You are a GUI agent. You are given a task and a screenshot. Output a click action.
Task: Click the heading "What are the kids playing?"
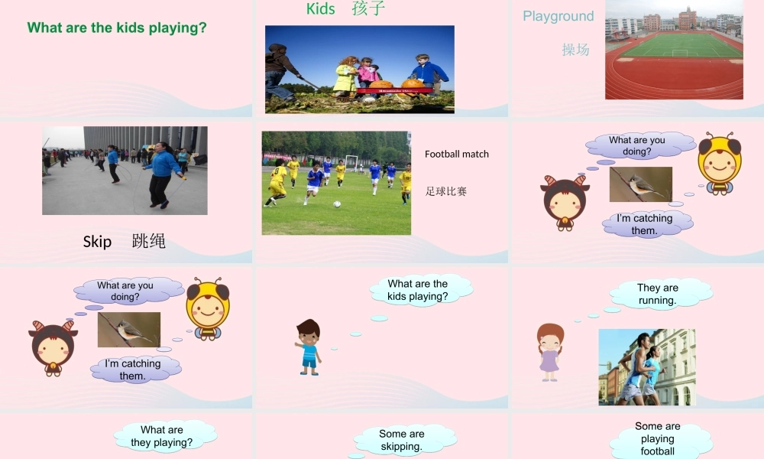pyautogui.click(x=117, y=28)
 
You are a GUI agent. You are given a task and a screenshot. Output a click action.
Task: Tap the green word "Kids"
pyautogui.click(x=321, y=8)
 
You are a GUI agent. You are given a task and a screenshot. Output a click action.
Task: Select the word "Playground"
pyautogui.click(x=558, y=16)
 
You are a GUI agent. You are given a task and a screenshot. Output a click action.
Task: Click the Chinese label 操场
pyautogui.click(x=575, y=50)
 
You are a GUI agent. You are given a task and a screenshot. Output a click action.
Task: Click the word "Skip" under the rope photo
pyautogui.click(x=97, y=242)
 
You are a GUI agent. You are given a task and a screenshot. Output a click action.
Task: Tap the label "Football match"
pyautogui.click(x=457, y=154)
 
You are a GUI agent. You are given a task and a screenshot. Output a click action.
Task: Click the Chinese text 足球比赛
pyautogui.click(x=446, y=191)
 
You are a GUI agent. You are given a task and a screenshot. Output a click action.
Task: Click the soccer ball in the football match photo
pyautogui.click(x=337, y=204)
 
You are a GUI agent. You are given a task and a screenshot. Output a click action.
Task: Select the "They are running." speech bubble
pyautogui.click(x=657, y=294)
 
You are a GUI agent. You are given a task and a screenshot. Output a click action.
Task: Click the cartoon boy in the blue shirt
pyautogui.click(x=308, y=347)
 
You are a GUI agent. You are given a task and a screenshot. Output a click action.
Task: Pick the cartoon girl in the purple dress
pyautogui.click(x=549, y=352)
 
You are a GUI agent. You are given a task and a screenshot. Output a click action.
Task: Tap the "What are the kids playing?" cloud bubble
pyautogui.click(x=418, y=290)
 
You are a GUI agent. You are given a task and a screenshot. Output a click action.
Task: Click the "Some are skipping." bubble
pyautogui.click(x=401, y=440)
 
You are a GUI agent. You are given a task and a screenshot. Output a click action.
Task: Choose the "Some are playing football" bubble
pyautogui.click(x=658, y=439)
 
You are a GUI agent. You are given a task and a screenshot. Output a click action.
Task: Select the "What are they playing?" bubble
pyautogui.click(x=162, y=436)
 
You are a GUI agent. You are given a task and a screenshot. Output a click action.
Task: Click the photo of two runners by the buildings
pyautogui.click(x=646, y=367)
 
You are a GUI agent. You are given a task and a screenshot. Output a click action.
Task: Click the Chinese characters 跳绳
pyautogui.click(x=148, y=242)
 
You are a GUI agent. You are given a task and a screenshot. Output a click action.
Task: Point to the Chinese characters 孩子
pyautogui.click(x=368, y=8)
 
